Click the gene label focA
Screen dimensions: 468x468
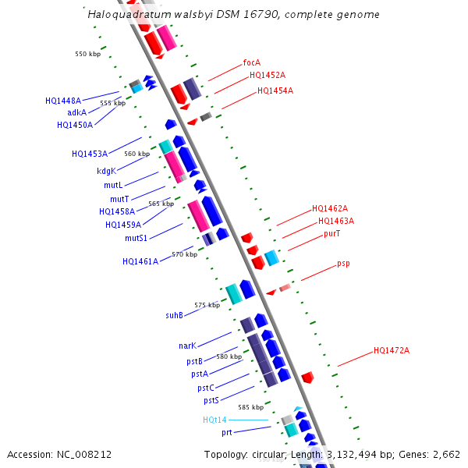(252, 62)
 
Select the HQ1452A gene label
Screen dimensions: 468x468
(268, 76)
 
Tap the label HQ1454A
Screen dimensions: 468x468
(275, 91)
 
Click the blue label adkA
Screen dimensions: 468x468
(77, 112)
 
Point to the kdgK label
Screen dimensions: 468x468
(106, 171)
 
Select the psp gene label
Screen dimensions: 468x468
(343, 264)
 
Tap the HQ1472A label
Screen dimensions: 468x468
(392, 350)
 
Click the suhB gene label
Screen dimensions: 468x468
(174, 315)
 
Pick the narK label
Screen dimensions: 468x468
(187, 346)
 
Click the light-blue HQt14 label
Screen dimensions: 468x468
(214, 420)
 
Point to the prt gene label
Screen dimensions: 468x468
(226, 432)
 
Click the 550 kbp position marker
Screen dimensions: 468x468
(87, 55)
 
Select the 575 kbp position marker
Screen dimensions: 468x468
(207, 305)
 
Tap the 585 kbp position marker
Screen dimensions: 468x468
(250, 407)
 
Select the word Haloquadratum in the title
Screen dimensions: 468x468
(125, 14)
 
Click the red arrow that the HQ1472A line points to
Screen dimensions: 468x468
(308, 378)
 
